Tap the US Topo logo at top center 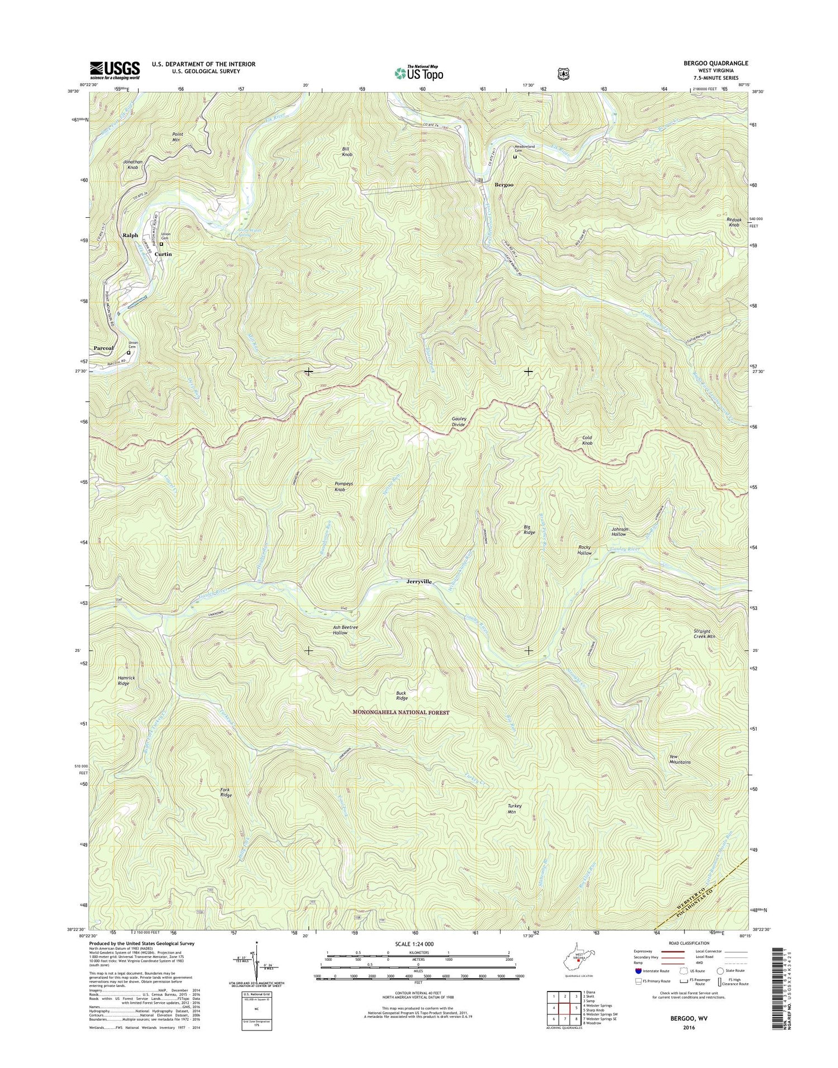coord(418,73)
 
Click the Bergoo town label coord(503,184)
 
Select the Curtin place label coord(163,254)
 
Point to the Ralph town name coord(130,235)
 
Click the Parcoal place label coord(104,348)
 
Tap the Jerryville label coord(418,581)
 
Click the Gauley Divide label coord(459,422)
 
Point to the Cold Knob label coord(587,440)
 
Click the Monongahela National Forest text coord(401,712)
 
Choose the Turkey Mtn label coord(515,809)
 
